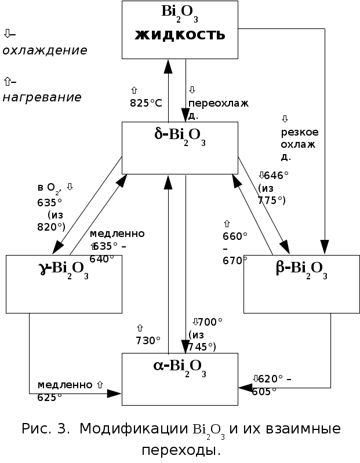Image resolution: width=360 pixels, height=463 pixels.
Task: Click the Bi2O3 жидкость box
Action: click(x=180, y=29)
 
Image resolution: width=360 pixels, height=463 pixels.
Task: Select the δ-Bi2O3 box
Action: click(x=180, y=148)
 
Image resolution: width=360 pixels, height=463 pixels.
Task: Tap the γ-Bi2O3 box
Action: click(x=64, y=284)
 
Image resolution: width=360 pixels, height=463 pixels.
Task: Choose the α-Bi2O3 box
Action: click(x=180, y=380)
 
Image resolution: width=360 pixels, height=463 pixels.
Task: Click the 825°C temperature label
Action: click(x=146, y=103)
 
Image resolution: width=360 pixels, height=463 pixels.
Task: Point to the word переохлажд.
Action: click(x=217, y=108)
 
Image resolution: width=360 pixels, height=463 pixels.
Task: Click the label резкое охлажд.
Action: click(x=299, y=144)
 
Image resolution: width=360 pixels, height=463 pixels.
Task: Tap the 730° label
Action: click(x=148, y=340)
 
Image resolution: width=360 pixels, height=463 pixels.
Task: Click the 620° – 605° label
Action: click(x=272, y=384)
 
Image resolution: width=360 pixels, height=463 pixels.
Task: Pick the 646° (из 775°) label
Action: click(x=274, y=187)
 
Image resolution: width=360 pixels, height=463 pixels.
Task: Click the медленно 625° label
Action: click(x=65, y=390)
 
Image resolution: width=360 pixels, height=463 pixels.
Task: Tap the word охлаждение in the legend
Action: click(x=45, y=50)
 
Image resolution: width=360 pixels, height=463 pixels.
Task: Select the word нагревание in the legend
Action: click(x=42, y=97)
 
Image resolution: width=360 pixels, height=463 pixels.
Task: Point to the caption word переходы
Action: click(x=181, y=450)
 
